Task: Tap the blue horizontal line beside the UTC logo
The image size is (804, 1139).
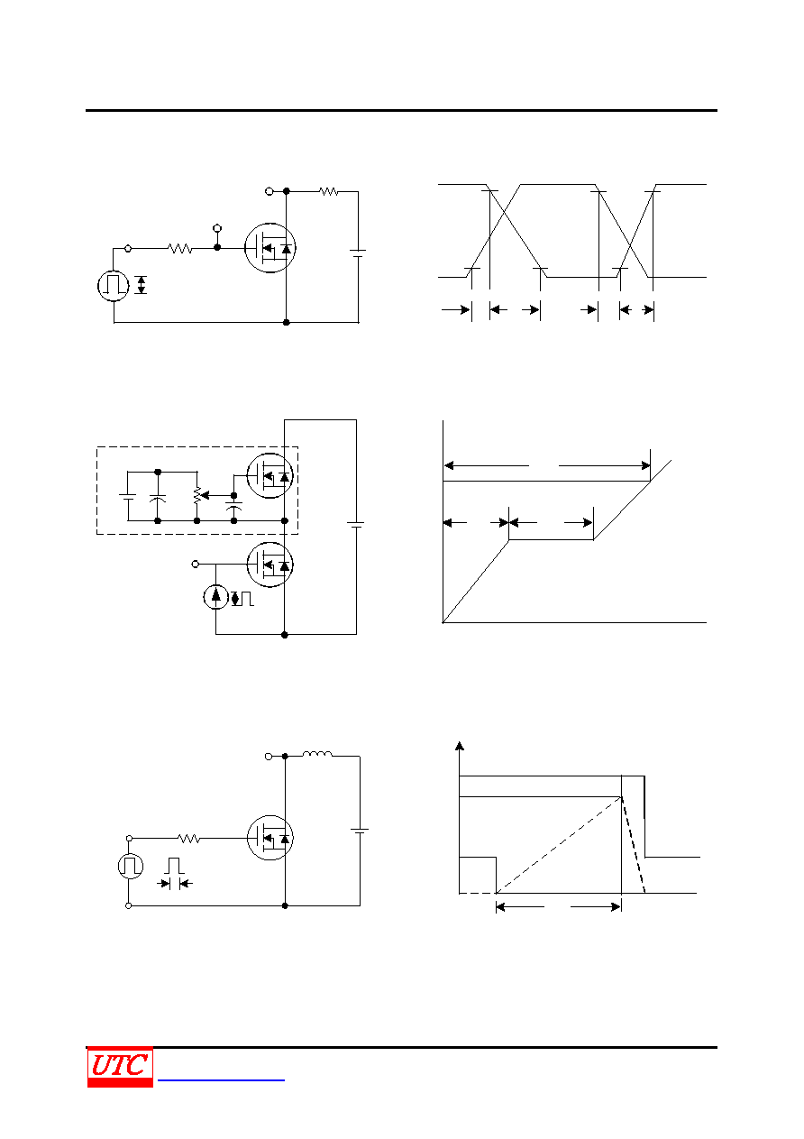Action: coord(221,1080)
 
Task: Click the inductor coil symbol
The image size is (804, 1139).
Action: coord(317,754)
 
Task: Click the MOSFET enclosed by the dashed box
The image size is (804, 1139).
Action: coord(270,476)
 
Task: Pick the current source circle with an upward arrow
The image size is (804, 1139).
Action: coord(216,596)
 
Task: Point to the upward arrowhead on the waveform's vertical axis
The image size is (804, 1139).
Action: coord(460,746)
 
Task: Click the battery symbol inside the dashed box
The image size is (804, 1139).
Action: coord(128,497)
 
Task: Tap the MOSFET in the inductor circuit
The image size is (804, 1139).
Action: coord(270,838)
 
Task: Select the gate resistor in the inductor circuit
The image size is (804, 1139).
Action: coord(189,838)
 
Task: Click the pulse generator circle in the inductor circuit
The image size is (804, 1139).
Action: coord(130,866)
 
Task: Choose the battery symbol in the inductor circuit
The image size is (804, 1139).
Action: coord(360,831)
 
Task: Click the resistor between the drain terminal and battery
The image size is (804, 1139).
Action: coord(329,192)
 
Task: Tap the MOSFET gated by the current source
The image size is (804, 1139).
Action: coord(270,565)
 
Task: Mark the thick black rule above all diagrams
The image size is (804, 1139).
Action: coord(401,110)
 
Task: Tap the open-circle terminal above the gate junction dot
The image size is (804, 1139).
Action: coord(217,228)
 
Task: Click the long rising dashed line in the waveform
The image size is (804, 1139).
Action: coord(559,845)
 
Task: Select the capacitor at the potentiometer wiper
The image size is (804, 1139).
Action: coord(233,506)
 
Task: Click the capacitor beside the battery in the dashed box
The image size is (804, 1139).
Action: coord(158,499)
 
